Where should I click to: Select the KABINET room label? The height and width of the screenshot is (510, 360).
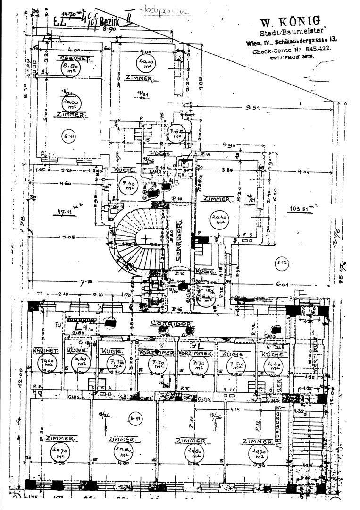coord(45,351)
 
